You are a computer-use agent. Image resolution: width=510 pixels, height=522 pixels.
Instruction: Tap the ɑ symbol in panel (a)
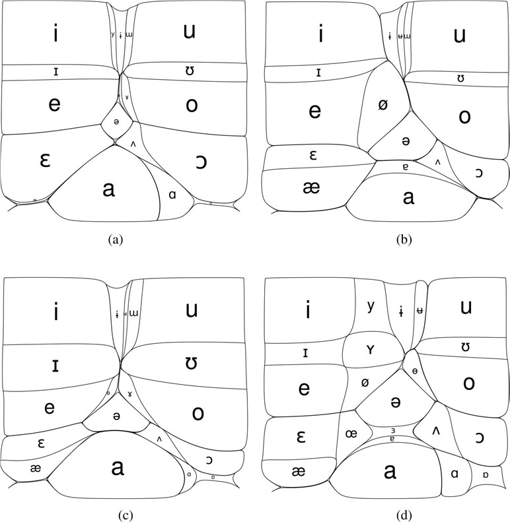click(172, 195)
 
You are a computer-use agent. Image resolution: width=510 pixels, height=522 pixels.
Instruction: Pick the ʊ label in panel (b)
click(460, 79)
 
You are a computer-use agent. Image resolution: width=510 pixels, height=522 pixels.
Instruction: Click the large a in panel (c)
click(118, 467)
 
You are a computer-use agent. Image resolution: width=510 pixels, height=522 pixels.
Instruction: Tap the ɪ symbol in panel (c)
click(56, 364)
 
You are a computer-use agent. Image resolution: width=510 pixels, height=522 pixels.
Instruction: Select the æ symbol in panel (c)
click(34, 467)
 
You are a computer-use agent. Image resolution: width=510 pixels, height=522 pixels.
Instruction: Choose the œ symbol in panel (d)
click(351, 434)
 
